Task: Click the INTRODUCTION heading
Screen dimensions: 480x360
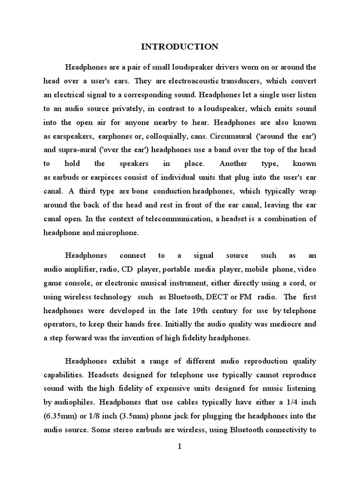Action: (180, 46)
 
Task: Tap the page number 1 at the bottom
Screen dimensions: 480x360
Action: (179, 446)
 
